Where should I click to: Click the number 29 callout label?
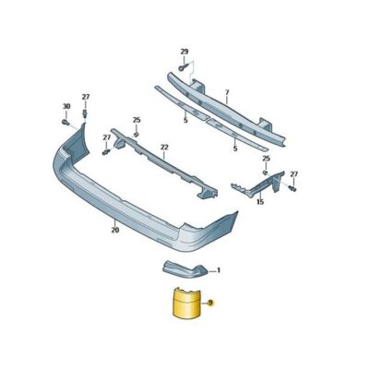tap(183, 51)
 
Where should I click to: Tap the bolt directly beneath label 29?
tap(183, 66)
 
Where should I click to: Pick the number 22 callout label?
tap(164, 146)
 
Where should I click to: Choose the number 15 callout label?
tap(260, 201)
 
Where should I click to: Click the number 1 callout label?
tap(219, 271)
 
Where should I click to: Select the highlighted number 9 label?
tap(211, 303)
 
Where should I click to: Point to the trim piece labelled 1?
tap(184, 269)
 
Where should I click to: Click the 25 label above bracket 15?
tap(265, 159)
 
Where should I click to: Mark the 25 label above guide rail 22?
tap(137, 120)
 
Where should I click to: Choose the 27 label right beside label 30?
tap(86, 97)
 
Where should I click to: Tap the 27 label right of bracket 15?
tap(294, 173)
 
